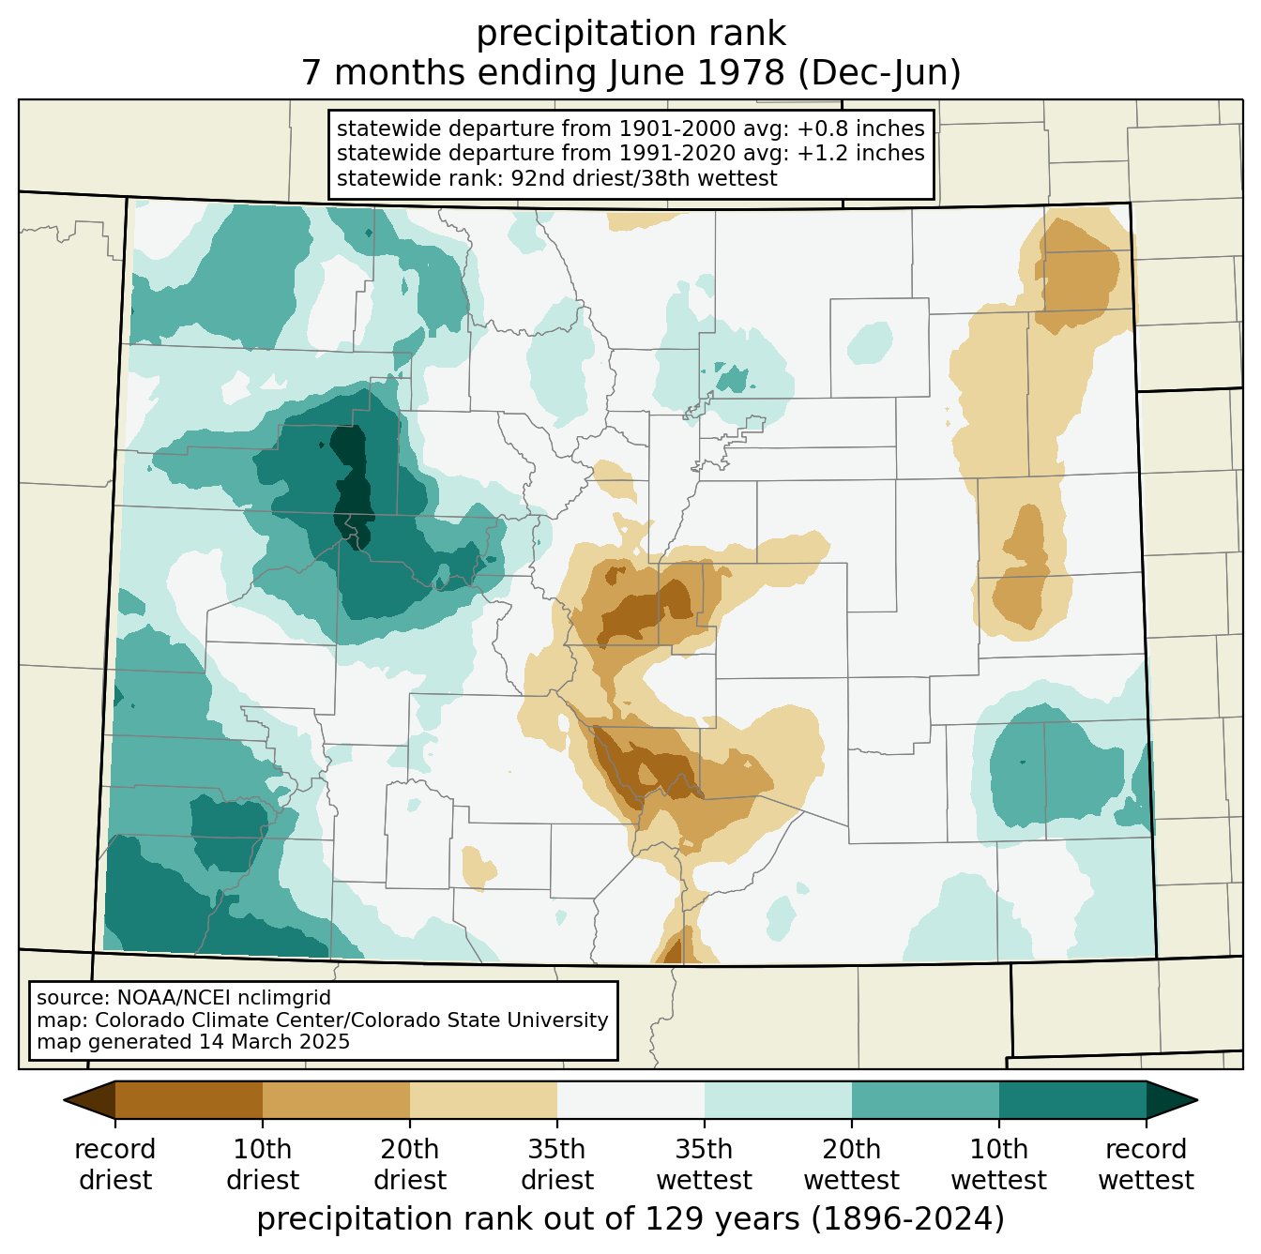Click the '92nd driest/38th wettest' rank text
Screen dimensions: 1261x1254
(644, 178)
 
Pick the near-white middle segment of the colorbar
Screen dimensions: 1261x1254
(630, 1100)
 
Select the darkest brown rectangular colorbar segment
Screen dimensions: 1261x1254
(190, 1100)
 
